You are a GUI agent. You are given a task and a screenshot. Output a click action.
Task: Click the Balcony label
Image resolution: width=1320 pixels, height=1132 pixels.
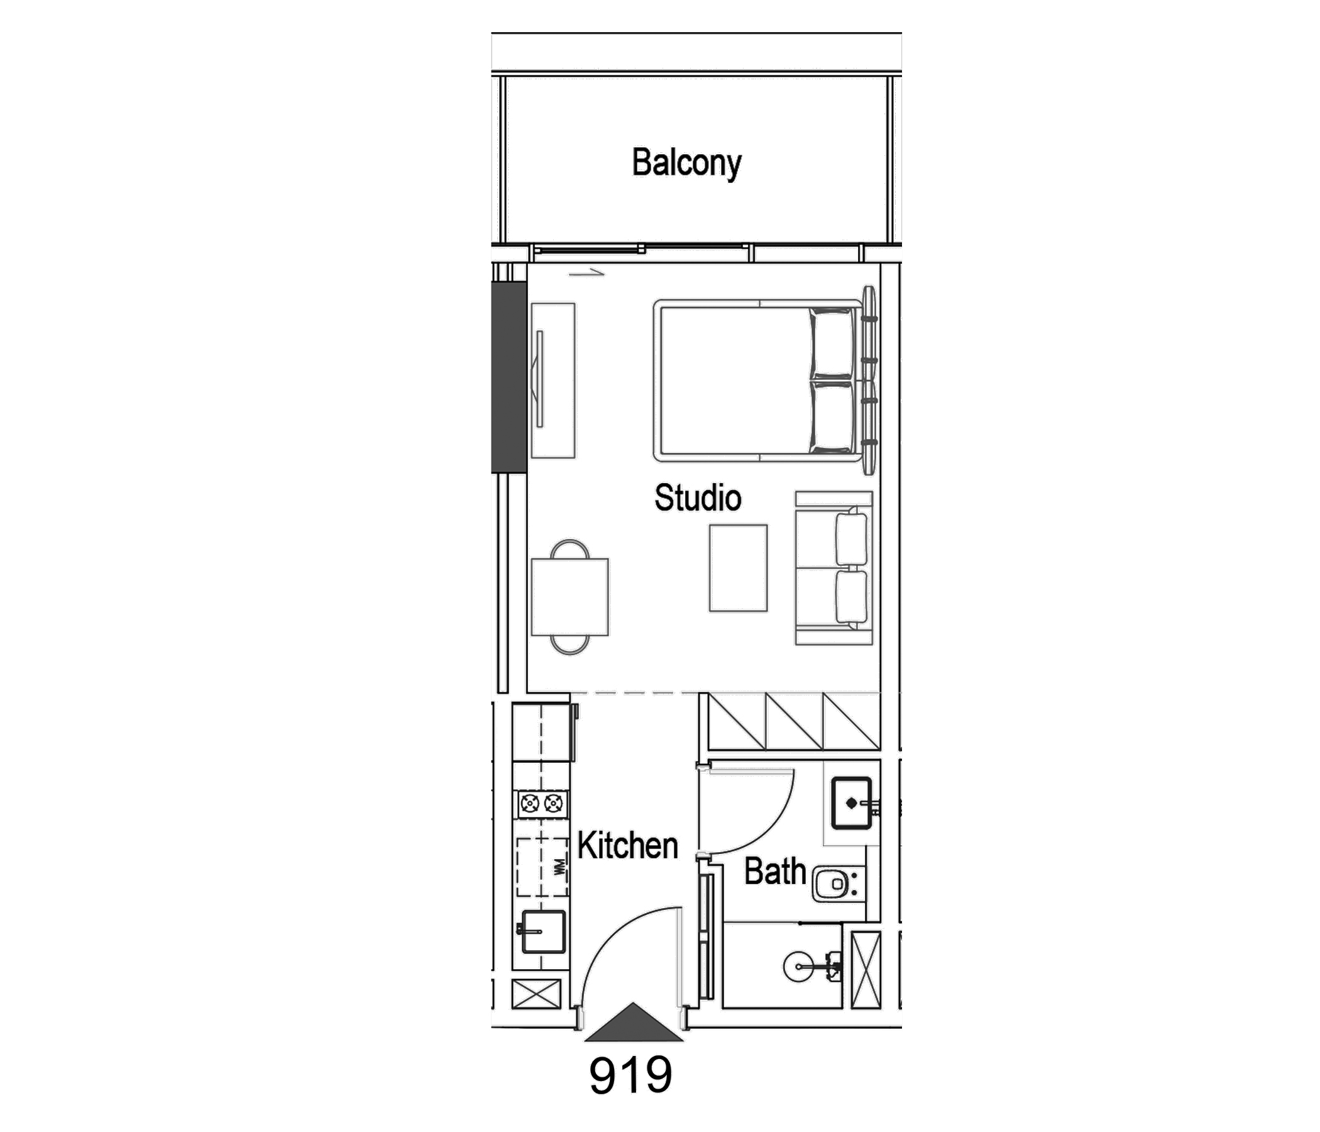click(x=686, y=162)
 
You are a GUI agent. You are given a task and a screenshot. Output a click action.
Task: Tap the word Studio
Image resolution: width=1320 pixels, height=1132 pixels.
click(x=698, y=498)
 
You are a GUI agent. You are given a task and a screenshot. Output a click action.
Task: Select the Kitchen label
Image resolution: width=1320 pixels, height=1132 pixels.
click(x=627, y=846)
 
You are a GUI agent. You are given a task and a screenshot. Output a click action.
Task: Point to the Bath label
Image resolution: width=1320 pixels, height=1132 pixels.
click(x=774, y=871)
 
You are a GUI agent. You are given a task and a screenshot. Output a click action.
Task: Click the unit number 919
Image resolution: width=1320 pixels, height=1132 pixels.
click(x=630, y=1075)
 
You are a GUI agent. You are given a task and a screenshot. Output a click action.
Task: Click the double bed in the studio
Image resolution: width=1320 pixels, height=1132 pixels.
click(x=765, y=380)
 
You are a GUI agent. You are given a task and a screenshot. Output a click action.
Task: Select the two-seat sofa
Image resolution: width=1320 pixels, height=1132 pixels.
click(x=833, y=568)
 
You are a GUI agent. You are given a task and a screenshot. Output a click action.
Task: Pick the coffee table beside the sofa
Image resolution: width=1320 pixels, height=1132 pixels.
click(x=738, y=568)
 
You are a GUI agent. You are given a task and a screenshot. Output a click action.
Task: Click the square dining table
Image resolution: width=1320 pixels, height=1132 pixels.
click(x=569, y=597)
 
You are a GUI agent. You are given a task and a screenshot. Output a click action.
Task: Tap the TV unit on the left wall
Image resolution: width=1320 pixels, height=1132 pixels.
click(x=553, y=380)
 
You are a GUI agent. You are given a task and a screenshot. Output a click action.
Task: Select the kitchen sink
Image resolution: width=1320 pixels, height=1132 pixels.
click(x=544, y=931)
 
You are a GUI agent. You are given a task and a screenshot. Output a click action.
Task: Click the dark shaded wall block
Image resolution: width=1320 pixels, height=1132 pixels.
click(x=509, y=377)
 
